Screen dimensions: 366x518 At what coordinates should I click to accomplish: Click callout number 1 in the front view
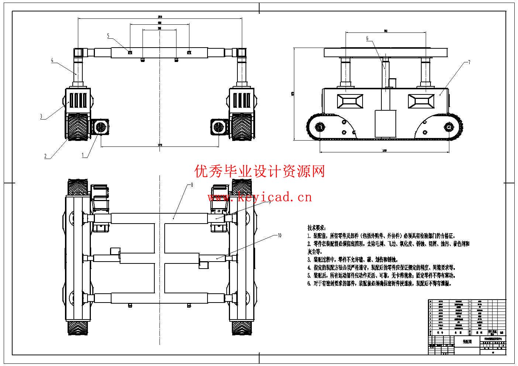[x=83, y=155]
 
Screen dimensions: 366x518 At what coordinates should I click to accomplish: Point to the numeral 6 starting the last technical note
[x=309, y=284]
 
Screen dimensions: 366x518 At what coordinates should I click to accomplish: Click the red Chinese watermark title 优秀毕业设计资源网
[x=260, y=171]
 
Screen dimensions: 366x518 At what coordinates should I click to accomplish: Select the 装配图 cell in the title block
[x=467, y=342]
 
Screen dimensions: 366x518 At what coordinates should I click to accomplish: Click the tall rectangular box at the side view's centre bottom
[x=385, y=123]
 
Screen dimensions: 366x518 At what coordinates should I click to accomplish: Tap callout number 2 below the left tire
[x=45, y=156]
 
